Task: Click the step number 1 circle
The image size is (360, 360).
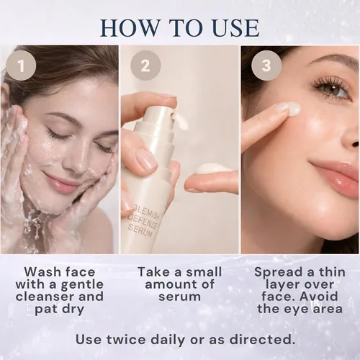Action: pyautogui.click(x=21, y=66)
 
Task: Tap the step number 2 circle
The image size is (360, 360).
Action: pyautogui.click(x=145, y=66)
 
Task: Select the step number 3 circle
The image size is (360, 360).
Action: pyautogui.click(x=266, y=66)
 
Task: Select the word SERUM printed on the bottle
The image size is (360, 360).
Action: pyautogui.click(x=140, y=230)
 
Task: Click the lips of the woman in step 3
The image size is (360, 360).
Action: pyautogui.click(x=337, y=174)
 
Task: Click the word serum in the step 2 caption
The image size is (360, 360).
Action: pyautogui.click(x=179, y=297)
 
